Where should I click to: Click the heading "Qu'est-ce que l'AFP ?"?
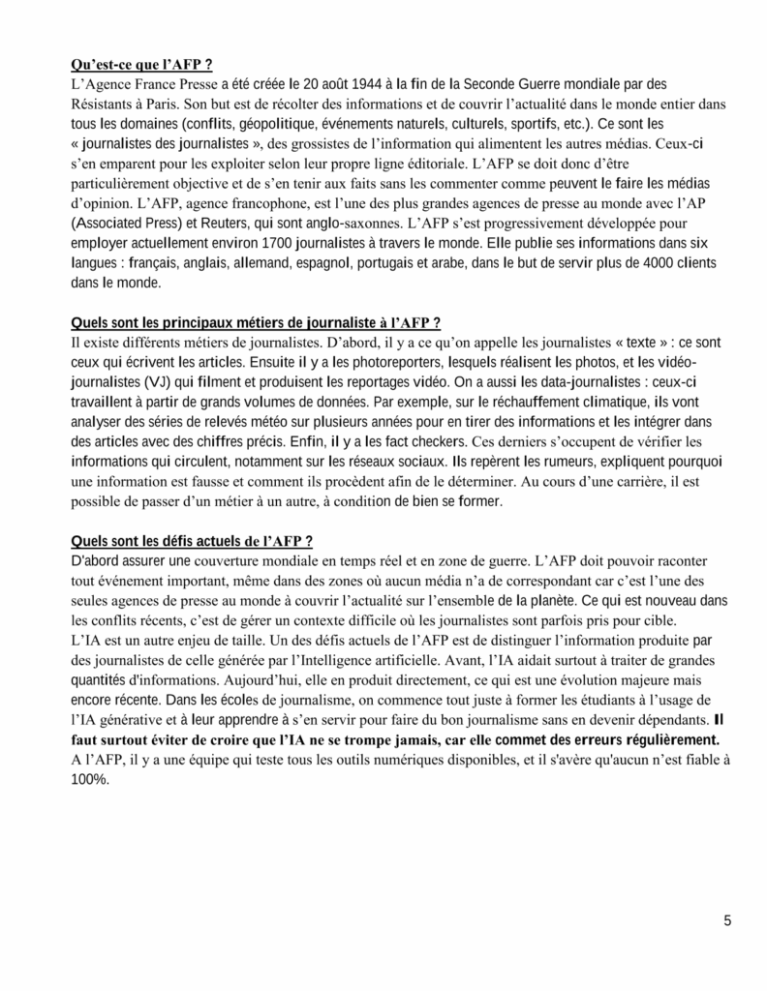[142, 65]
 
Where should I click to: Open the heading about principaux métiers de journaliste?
[258, 322]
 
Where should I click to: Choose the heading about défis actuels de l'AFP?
[192, 539]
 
